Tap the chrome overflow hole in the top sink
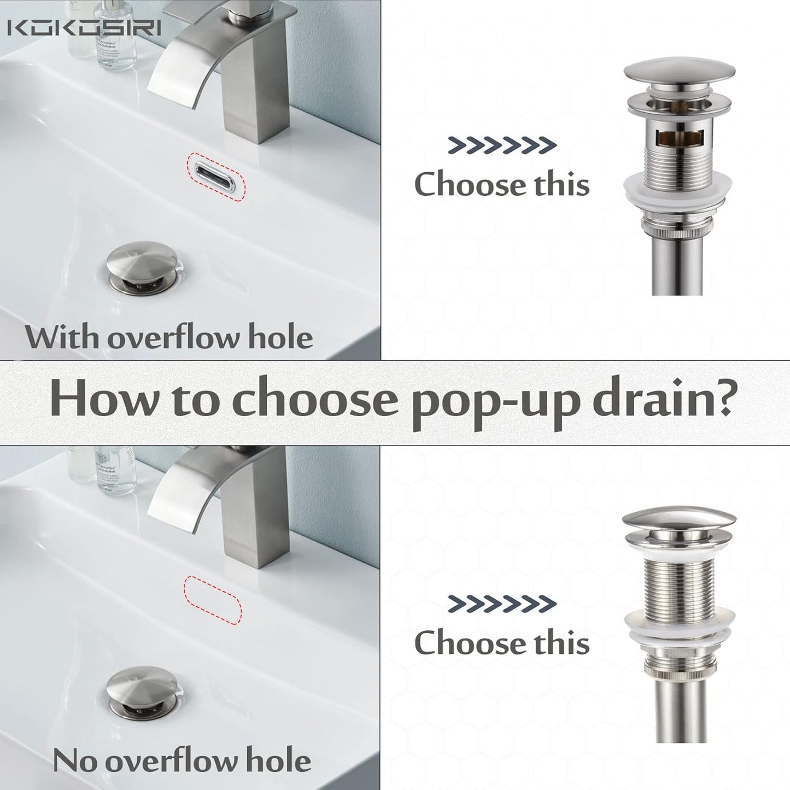(x=217, y=176)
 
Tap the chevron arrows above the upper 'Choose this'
(x=502, y=145)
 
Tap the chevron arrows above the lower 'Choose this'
(x=502, y=604)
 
